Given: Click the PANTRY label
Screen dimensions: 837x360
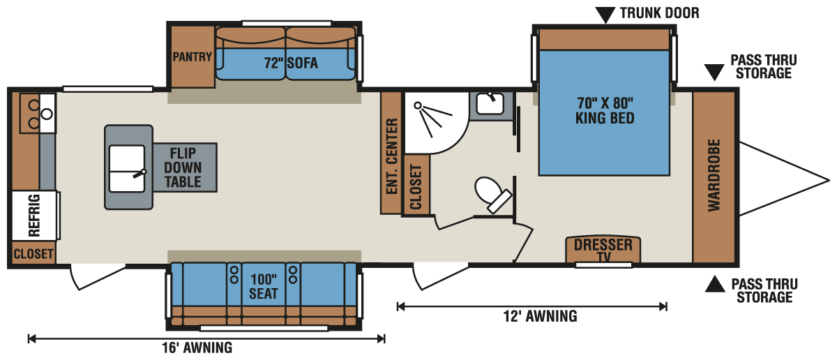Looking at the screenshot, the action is click(193, 57).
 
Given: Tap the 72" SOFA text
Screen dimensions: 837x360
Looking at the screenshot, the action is click(291, 63).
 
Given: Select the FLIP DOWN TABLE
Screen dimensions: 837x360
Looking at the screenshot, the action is click(185, 167).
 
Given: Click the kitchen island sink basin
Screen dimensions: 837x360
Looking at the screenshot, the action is click(127, 169).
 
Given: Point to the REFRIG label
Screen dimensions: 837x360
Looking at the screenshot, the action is click(34, 215).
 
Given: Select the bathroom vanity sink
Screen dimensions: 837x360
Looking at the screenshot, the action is click(490, 103).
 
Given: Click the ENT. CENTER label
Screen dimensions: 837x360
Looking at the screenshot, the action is click(391, 156).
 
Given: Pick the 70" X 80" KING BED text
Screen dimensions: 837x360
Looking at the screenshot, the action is click(605, 111).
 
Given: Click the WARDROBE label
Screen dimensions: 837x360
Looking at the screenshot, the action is click(714, 175).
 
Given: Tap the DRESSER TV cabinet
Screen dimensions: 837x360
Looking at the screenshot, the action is click(603, 249).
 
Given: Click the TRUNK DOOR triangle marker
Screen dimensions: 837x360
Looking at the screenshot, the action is click(605, 15).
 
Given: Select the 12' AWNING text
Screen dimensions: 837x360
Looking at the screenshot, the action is click(541, 316).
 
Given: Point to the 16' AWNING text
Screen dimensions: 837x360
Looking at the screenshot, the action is click(197, 347).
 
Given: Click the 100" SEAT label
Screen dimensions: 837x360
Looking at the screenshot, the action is click(264, 286).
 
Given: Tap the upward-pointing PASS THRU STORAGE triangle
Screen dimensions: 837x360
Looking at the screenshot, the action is click(715, 284).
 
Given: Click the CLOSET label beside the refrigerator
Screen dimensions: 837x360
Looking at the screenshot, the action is click(33, 254).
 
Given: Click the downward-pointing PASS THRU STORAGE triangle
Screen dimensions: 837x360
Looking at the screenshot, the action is click(714, 73).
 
